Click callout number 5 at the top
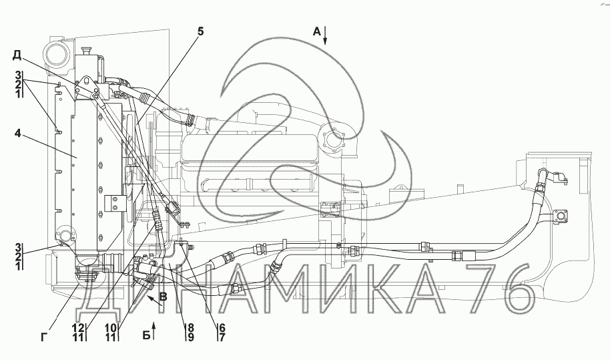click(200, 31)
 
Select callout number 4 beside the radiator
click(18, 133)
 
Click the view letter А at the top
click(317, 31)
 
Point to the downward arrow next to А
click(325, 36)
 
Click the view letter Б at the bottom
click(146, 335)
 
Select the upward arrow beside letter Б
click(154, 331)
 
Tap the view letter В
click(164, 297)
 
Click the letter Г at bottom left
click(44, 337)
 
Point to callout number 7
click(222, 337)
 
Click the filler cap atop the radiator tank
click(86, 51)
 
